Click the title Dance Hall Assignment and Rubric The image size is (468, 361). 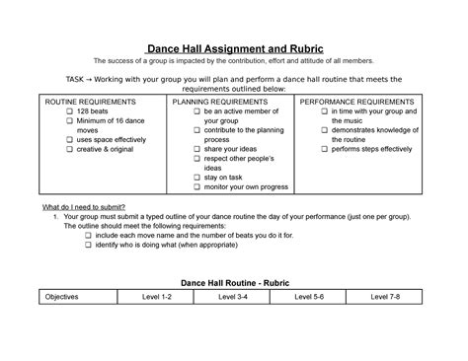click(233, 49)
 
